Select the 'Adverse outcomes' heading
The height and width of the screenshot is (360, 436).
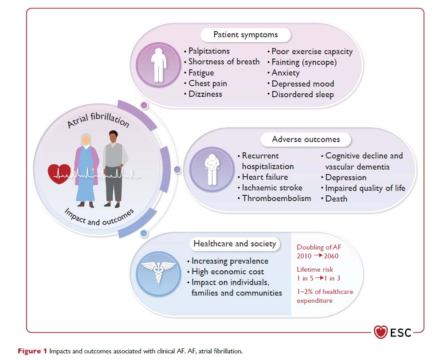(306, 139)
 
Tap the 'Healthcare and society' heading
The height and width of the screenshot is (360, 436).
(235, 243)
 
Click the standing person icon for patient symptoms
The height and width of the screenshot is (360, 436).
(158, 65)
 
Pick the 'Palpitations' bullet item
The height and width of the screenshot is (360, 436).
(209, 51)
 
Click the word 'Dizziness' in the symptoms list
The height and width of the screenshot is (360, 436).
(205, 94)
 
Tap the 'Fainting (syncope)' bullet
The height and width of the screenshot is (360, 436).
(304, 62)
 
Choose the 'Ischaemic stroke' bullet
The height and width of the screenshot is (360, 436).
(272, 187)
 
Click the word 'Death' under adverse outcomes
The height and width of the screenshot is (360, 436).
(336, 198)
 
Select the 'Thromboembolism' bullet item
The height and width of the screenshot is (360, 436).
(276, 198)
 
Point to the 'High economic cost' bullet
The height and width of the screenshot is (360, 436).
(228, 272)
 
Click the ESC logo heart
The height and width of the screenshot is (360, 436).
(381, 332)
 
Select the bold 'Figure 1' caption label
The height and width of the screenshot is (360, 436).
(32, 351)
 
